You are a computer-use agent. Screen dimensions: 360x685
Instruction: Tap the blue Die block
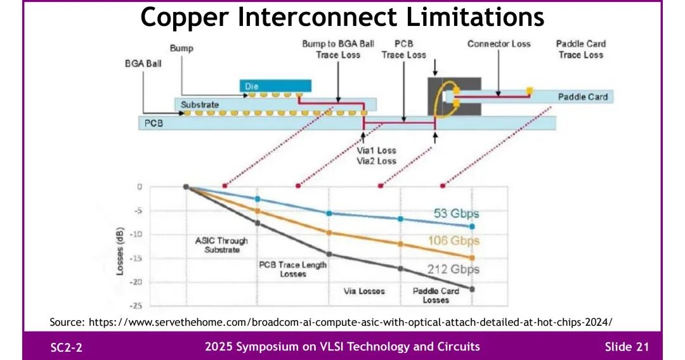click(276, 86)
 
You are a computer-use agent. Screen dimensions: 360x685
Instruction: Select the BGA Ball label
click(143, 64)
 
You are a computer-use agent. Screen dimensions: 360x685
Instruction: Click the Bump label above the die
click(181, 48)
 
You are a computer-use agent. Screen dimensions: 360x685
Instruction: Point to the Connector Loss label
click(499, 44)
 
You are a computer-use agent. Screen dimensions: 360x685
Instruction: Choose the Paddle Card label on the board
click(582, 97)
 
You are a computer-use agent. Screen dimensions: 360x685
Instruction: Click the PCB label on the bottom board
click(153, 123)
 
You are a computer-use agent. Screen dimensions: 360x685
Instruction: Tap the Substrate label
click(200, 105)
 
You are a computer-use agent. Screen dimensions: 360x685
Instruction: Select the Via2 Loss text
click(377, 161)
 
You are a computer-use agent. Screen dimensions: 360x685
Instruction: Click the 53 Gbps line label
click(456, 214)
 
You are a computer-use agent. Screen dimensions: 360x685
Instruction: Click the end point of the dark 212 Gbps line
click(472, 289)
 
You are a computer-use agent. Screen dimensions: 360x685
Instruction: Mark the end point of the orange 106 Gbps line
click(472, 258)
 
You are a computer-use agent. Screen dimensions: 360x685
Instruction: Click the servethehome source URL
click(350, 322)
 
